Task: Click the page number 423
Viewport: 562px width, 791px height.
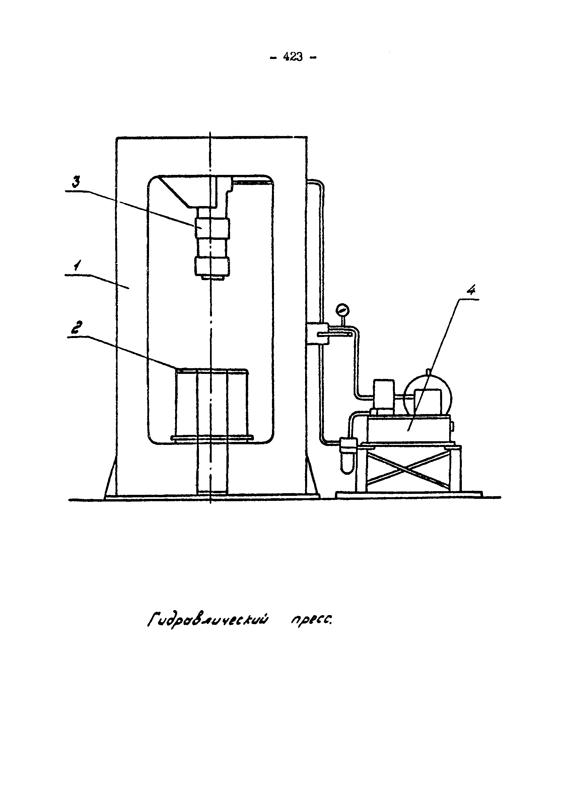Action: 293,57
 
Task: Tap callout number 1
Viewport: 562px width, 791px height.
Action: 77,267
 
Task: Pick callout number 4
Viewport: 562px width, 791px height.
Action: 471,290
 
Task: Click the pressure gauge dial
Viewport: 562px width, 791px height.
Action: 343,309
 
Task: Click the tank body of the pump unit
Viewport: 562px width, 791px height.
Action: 408,430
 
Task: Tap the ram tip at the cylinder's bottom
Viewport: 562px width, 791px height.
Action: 211,277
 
